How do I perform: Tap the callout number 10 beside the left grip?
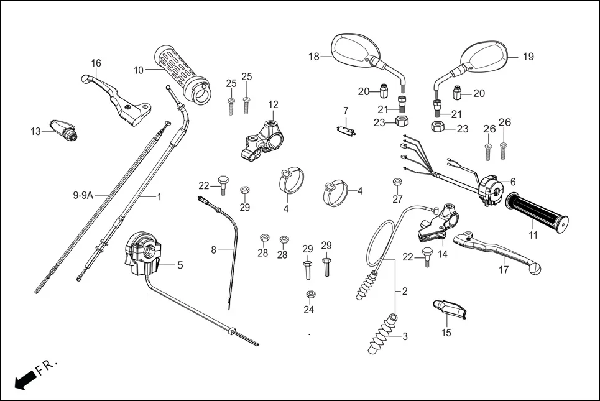(x=138, y=70)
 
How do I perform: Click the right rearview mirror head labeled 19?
(x=487, y=55)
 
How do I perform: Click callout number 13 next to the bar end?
(x=35, y=131)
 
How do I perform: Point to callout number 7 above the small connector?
(x=346, y=111)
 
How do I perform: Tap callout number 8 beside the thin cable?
(x=213, y=250)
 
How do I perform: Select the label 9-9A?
(x=83, y=195)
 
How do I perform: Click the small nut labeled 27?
(x=397, y=182)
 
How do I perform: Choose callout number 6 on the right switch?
(x=513, y=182)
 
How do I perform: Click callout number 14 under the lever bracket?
(x=443, y=254)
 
